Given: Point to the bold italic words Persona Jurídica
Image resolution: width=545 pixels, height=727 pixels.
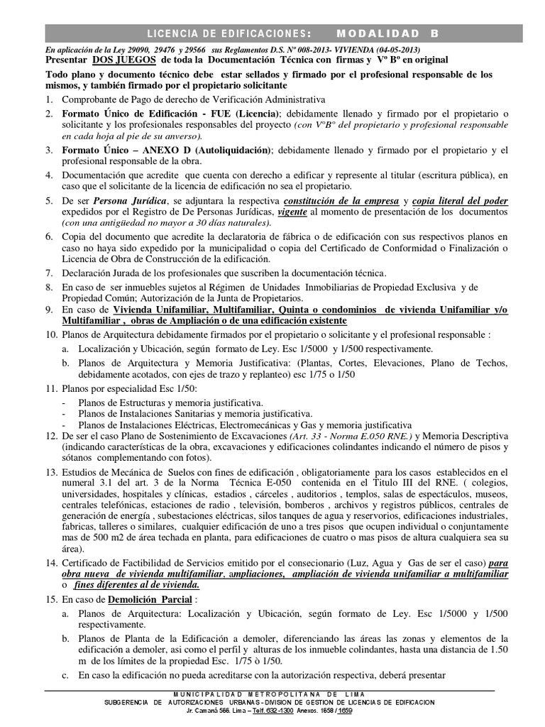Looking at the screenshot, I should click(132, 202).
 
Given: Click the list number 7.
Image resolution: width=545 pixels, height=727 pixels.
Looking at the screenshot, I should click(48, 273).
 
